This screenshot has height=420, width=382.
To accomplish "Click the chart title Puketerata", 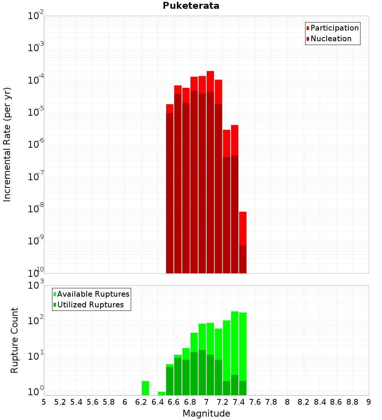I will coord(191,6).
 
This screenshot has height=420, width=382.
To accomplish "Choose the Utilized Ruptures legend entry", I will coord(90,305).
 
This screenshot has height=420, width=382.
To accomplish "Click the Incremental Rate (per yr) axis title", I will coord(7,144).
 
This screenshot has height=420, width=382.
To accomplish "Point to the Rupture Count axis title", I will coord(15,340).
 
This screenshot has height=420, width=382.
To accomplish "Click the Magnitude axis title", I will coord(206,413).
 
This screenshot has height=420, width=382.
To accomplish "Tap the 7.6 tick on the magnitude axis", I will coord(255,402).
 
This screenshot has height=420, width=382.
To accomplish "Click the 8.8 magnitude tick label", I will coord(353,402).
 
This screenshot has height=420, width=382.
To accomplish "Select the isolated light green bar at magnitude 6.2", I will coord(145,388).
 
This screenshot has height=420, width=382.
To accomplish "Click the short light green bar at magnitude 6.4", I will coord(161,393).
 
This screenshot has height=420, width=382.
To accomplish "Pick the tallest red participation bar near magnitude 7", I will coord(210,81).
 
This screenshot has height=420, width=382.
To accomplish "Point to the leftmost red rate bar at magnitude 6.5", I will coord(170,108).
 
